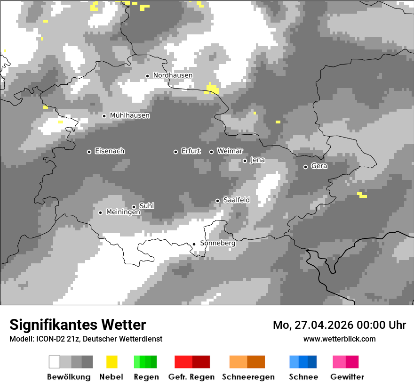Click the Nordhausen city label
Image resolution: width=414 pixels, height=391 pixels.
point(173,75)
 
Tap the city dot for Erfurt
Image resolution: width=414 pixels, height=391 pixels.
point(176,152)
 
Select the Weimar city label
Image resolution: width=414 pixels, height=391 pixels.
point(230,151)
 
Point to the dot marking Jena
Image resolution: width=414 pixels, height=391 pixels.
point(245,161)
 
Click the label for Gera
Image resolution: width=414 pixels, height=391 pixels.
point(319,166)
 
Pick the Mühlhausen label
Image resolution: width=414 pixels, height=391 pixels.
point(129,115)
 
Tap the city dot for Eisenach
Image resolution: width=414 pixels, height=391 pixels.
point(89,152)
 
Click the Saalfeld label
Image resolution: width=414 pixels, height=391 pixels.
point(236,200)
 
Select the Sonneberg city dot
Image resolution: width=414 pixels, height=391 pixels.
point(194,244)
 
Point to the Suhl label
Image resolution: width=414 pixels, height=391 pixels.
point(146,206)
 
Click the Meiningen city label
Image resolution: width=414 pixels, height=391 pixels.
point(123,212)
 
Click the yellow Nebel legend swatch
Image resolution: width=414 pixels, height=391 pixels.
point(111,362)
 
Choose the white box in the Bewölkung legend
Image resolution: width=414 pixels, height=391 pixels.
point(55,362)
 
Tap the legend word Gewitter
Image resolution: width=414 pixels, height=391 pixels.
point(347,377)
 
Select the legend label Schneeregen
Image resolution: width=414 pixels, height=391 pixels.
point(248,377)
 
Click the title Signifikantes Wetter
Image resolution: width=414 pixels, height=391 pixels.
point(78,325)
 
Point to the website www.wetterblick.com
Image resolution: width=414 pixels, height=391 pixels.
point(339,339)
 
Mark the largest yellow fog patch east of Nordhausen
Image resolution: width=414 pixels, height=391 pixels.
point(212,89)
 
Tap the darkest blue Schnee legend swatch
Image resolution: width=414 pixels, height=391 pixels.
point(312,362)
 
